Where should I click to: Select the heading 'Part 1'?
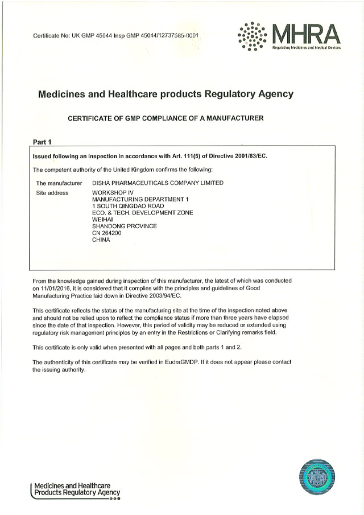[x=43, y=142]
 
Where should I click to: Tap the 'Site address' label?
[x=52, y=192]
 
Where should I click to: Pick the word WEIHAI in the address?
[x=102, y=219]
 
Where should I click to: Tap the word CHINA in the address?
[x=101, y=240]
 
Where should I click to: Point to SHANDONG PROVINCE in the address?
[x=125, y=226]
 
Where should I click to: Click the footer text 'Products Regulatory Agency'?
[x=77, y=492]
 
